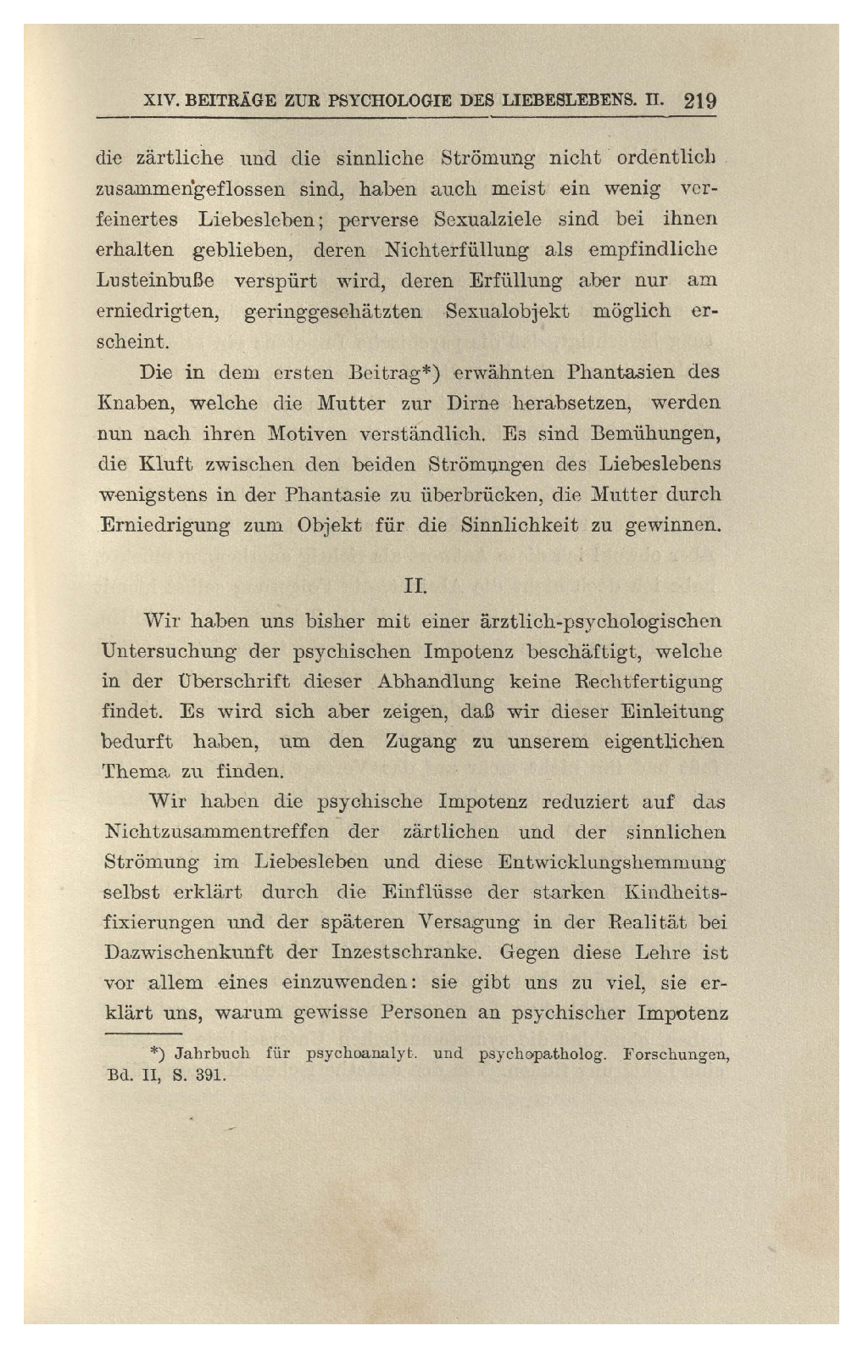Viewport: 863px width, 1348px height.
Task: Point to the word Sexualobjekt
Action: (506, 311)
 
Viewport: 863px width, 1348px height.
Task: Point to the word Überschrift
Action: (221, 681)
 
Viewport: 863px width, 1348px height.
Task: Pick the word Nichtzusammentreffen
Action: (218, 832)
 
